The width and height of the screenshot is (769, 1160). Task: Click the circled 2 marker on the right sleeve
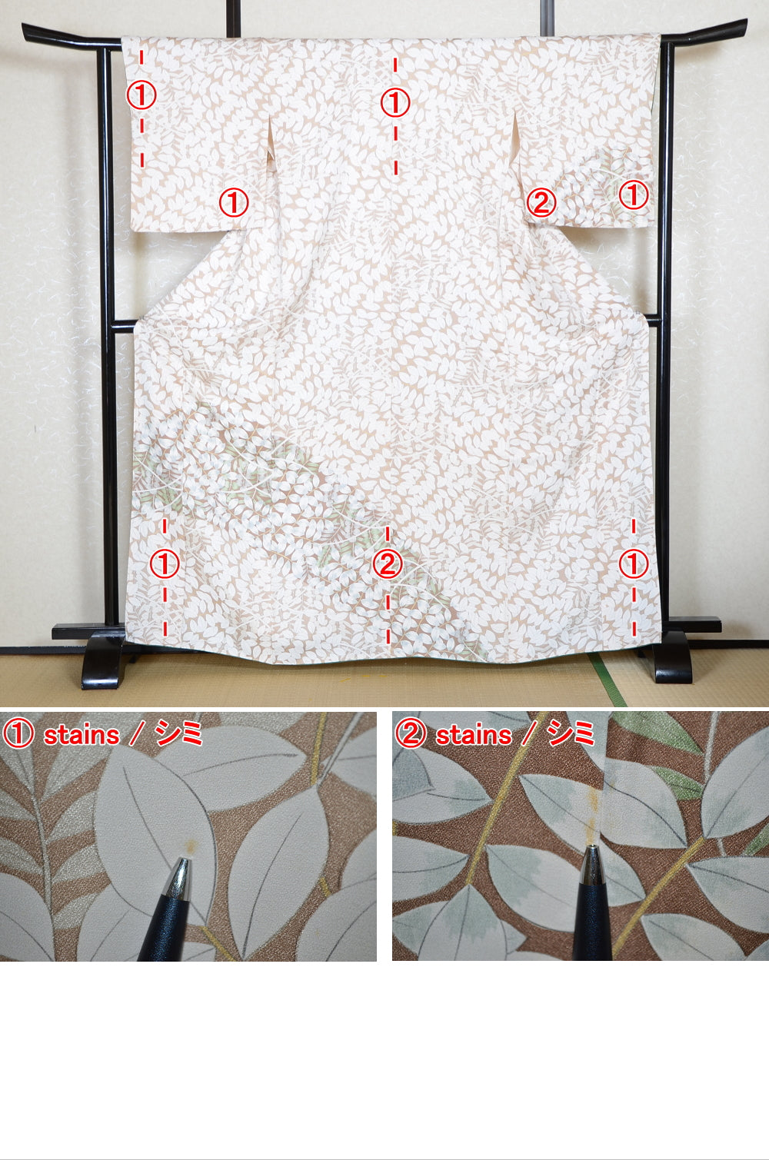541,203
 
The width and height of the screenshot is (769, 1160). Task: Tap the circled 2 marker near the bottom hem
387,564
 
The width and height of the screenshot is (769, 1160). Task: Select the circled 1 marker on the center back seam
395,102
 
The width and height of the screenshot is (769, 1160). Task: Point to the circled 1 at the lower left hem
164,564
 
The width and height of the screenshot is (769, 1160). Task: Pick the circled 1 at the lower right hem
634,564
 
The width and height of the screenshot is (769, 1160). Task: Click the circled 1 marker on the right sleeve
634,194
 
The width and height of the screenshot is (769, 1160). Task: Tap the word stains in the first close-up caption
81,735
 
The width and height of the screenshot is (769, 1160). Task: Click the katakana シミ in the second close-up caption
571,735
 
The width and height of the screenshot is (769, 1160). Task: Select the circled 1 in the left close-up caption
18,734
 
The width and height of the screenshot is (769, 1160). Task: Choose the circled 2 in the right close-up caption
411,734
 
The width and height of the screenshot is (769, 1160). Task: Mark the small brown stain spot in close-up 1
189,846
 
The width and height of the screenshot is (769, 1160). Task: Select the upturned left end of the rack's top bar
31,31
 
